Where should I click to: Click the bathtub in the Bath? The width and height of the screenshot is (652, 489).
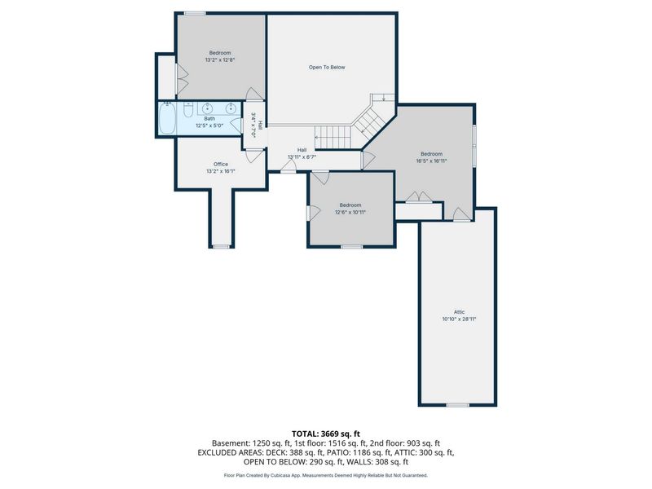pos(167,118)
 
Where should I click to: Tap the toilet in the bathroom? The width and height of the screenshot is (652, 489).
pos(188,109)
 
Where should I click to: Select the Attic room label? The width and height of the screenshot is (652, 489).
pos(459,312)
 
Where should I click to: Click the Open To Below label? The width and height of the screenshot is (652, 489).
pos(327,68)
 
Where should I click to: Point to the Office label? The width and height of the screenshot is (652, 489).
pos(221,165)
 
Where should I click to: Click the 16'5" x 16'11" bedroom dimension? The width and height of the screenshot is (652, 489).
pos(432,161)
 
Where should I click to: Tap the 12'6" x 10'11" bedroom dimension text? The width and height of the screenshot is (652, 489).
pos(350,212)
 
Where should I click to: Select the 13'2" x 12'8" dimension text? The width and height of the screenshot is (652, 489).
pos(220,59)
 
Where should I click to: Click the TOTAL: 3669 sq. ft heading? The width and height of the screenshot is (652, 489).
pos(326,434)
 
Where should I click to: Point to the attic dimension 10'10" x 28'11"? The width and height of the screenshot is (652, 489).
pos(459,319)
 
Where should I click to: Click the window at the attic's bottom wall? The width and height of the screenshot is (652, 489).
pos(458,404)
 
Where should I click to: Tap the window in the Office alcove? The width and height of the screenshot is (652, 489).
pos(221,247)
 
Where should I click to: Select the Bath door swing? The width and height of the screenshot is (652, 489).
pos(236,126)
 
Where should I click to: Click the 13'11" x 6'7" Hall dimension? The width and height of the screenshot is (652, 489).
pos(302,157)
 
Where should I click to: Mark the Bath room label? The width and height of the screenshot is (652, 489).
pos(209,119)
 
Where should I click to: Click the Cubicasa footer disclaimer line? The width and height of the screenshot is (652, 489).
pos(326,475)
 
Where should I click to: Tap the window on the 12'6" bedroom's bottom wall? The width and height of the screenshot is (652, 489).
pos(352,247)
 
